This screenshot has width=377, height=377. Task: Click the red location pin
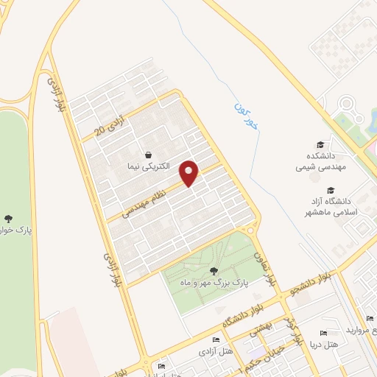point(190,173)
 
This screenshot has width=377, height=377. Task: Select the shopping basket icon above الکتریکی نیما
point(150,155)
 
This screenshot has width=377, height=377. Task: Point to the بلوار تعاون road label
point(264,269)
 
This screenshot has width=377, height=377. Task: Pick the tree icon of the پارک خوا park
point(9,218)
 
